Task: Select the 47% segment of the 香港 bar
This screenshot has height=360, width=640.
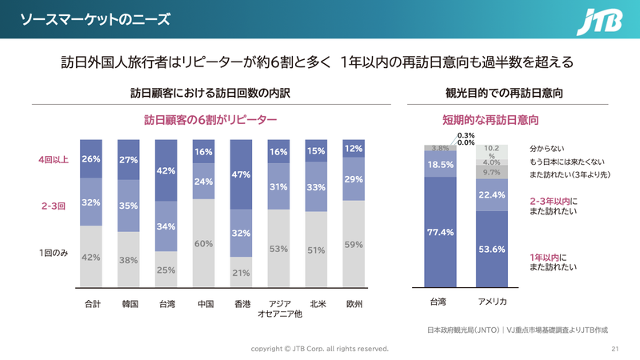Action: [x=241, y=174]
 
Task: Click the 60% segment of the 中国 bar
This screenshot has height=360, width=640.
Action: [x=203, y=243]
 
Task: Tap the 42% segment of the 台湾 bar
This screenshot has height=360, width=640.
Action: [x=166, y=170]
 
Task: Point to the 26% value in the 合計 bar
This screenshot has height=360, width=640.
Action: [x=90, y=159]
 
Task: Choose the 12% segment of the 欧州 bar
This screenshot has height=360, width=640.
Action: [x=354, y=149]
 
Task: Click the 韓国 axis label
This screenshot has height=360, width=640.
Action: [x=129, y=304]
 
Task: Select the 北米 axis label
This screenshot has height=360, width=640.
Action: [x=316, y=304]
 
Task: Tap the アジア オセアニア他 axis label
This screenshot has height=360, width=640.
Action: [x=278, y=309]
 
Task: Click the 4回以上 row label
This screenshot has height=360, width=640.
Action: [x=54, y=159]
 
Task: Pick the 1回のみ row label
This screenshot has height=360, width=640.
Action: [x=54, y=253]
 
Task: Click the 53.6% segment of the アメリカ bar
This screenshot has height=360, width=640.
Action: [x=491, y=249]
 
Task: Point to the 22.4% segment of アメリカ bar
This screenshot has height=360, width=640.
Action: [x=491, y=195]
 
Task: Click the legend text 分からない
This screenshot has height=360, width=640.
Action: [x=547, y=149]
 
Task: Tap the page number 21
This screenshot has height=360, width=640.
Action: [x=615, y=349]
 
